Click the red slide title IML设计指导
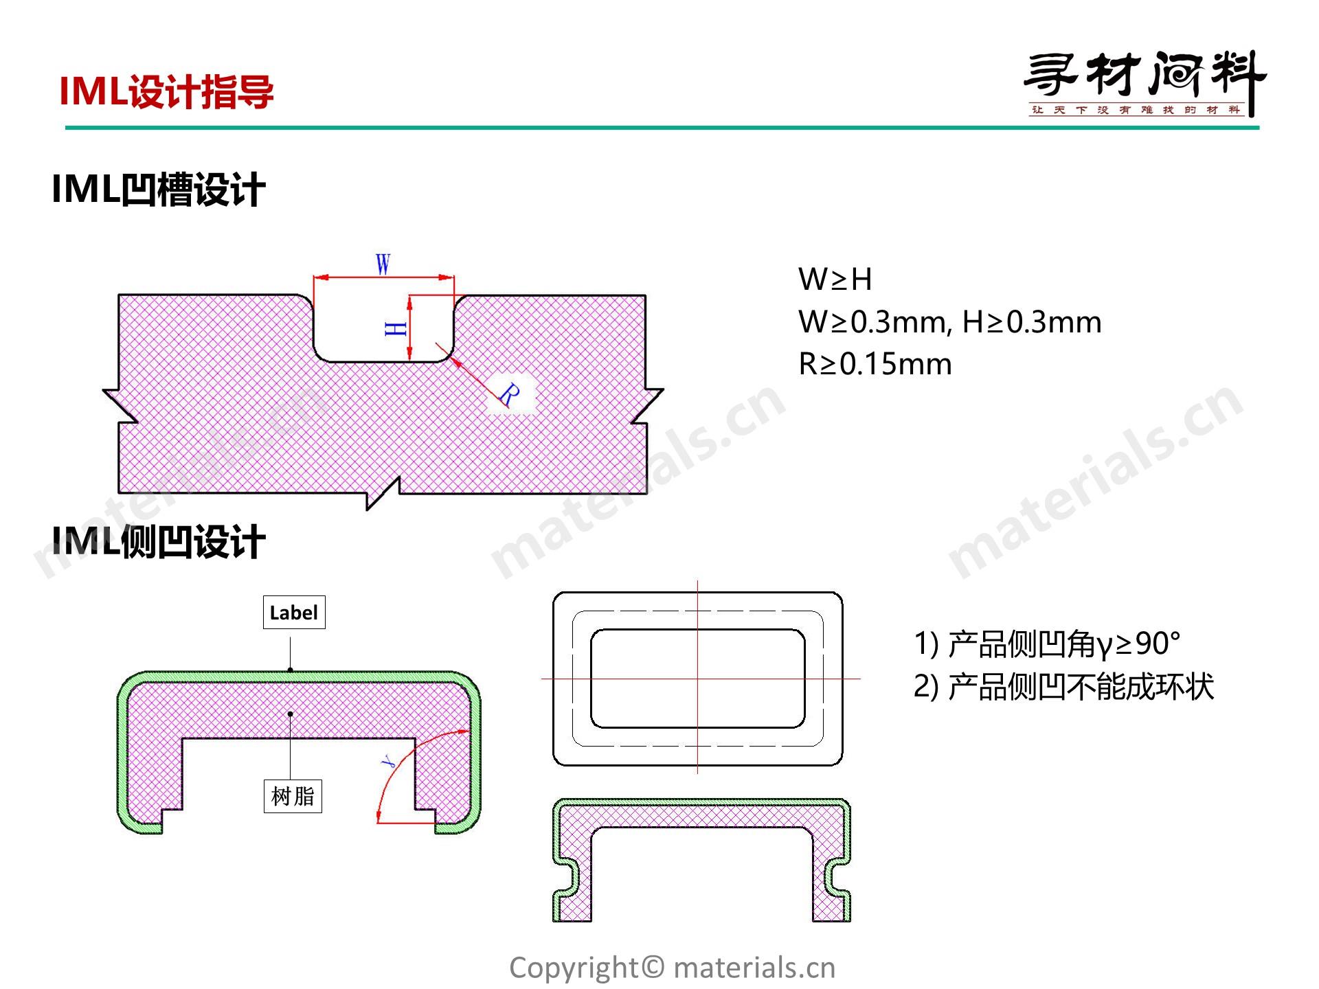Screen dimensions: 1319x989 coord(167,92)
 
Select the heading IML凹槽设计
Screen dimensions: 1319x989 coord(159,190)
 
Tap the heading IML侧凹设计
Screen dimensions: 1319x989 coord(159,542)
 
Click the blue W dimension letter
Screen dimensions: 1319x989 coord(383,264)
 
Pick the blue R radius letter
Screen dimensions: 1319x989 coord(509,394)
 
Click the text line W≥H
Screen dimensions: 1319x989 coord(835,280)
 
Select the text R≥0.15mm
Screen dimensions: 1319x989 coord(875,364)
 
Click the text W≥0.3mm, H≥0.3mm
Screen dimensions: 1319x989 coord(950,321)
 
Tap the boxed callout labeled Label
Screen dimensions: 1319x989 coord(294,613)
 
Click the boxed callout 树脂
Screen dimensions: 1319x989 coord(293,797)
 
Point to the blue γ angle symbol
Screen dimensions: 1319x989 coord(388,760)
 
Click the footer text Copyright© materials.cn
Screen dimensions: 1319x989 coord(673,968)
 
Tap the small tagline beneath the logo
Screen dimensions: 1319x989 coord(1136,110)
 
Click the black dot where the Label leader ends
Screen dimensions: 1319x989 coord(291,670)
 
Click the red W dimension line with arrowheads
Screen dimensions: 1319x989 coord(384,278)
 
